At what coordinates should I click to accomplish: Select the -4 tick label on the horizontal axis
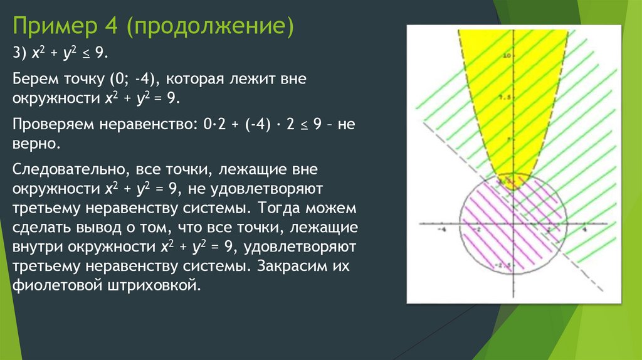tap(443, 230)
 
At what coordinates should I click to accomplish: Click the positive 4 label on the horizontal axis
tap(584, 230)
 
